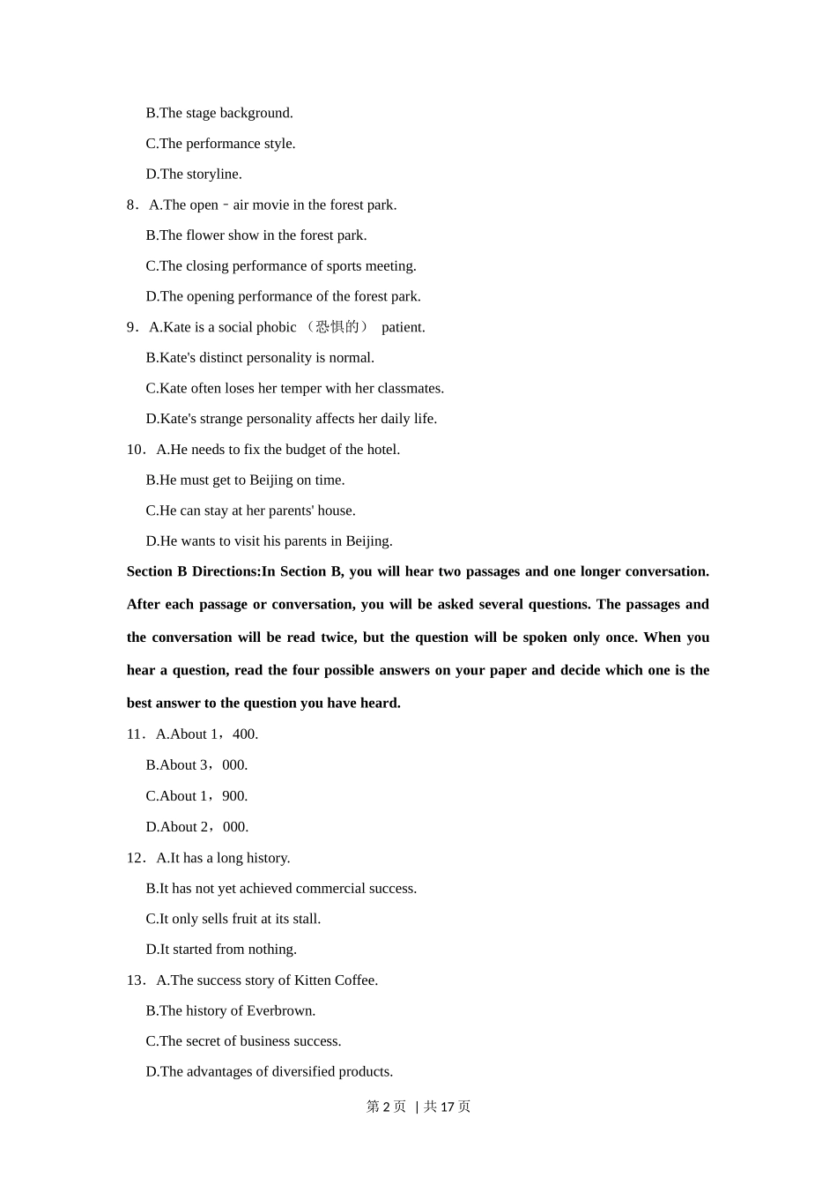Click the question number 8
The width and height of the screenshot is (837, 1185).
click(131, 205)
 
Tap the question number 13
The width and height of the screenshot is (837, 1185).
click(135, 980)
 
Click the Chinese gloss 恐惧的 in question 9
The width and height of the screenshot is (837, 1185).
click(337, 327)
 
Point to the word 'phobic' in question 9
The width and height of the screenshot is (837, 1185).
click(276, 327)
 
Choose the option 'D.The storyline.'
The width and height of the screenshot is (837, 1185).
click(194, 175)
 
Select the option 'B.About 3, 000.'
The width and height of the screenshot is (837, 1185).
click(196, 765)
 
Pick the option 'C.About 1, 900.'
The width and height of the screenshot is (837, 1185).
click(196, 796)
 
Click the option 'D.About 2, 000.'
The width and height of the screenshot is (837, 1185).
click(197, 827)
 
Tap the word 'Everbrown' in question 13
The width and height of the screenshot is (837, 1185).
click(278, 1011)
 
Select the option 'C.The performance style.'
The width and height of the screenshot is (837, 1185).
click(220, 144)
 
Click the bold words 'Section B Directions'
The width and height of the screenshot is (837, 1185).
click(193, 571)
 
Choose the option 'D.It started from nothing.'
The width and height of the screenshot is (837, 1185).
click(221, 950)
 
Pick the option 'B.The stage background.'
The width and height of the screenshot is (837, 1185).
click(219, 113)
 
